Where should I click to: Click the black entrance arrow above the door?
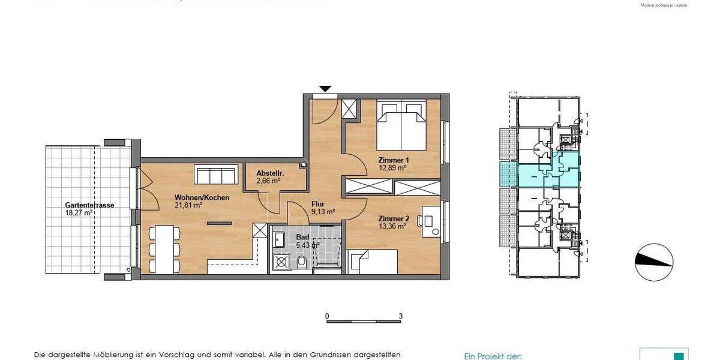click(325, 89)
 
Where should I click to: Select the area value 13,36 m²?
click(392, 226)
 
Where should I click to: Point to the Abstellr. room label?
click(269, 173)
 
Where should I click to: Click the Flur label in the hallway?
click(318, 203)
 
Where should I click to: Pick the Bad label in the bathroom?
click(303, 237)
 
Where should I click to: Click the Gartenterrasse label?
click(89, 205)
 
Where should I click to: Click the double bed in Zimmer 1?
click(401, 127)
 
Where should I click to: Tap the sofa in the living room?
click(214, 176)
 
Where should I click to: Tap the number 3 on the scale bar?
click(400, 316)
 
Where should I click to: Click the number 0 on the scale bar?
click(327, 316)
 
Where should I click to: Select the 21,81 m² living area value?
click(188, 205)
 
